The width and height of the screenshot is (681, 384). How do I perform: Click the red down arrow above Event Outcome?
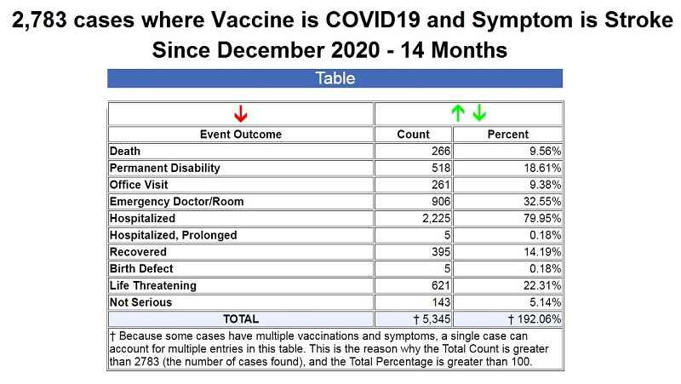[241, 113]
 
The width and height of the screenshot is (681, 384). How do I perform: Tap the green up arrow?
[458, 113]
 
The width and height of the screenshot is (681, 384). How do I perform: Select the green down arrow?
[479, 113]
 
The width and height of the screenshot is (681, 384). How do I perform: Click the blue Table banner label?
[335, 78]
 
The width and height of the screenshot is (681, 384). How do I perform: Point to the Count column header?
[413, 135]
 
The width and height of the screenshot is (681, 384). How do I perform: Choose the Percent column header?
[507, 135]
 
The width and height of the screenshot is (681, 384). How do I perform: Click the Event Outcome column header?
[241, 135]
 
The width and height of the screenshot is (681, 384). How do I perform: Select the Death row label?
[125, 152]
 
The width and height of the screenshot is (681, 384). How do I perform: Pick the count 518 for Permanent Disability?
[441, 168]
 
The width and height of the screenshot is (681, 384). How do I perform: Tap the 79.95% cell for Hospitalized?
[542, 218]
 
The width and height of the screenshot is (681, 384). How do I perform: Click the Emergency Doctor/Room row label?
[177, 202]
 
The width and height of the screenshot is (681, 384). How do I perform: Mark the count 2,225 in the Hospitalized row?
[437, 218]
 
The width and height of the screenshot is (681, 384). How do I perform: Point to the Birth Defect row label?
[141, 268]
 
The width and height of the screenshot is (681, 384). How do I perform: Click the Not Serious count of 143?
[441, 302]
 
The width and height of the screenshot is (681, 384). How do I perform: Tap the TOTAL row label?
[241, 318]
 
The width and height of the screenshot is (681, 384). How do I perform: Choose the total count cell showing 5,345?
[432, 319]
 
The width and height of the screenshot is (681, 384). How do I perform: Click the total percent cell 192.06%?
[535, 319]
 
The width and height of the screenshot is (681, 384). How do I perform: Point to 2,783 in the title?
[39, 20]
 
